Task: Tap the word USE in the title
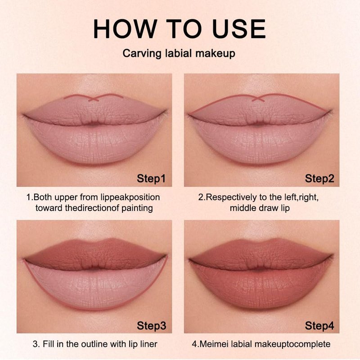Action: [239, 29]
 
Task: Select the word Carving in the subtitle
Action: [142, 54]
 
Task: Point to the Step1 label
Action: [151, 179]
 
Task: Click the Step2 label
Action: [319, 179]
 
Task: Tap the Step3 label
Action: [151, 325]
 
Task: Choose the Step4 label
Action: [319, 325]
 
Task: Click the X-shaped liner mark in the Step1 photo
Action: [94, 99]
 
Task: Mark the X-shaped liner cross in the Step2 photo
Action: [258, 99]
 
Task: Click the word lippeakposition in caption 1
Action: [130, 198]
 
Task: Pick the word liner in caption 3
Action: [148, 344]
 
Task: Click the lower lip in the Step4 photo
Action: [260, 287]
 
